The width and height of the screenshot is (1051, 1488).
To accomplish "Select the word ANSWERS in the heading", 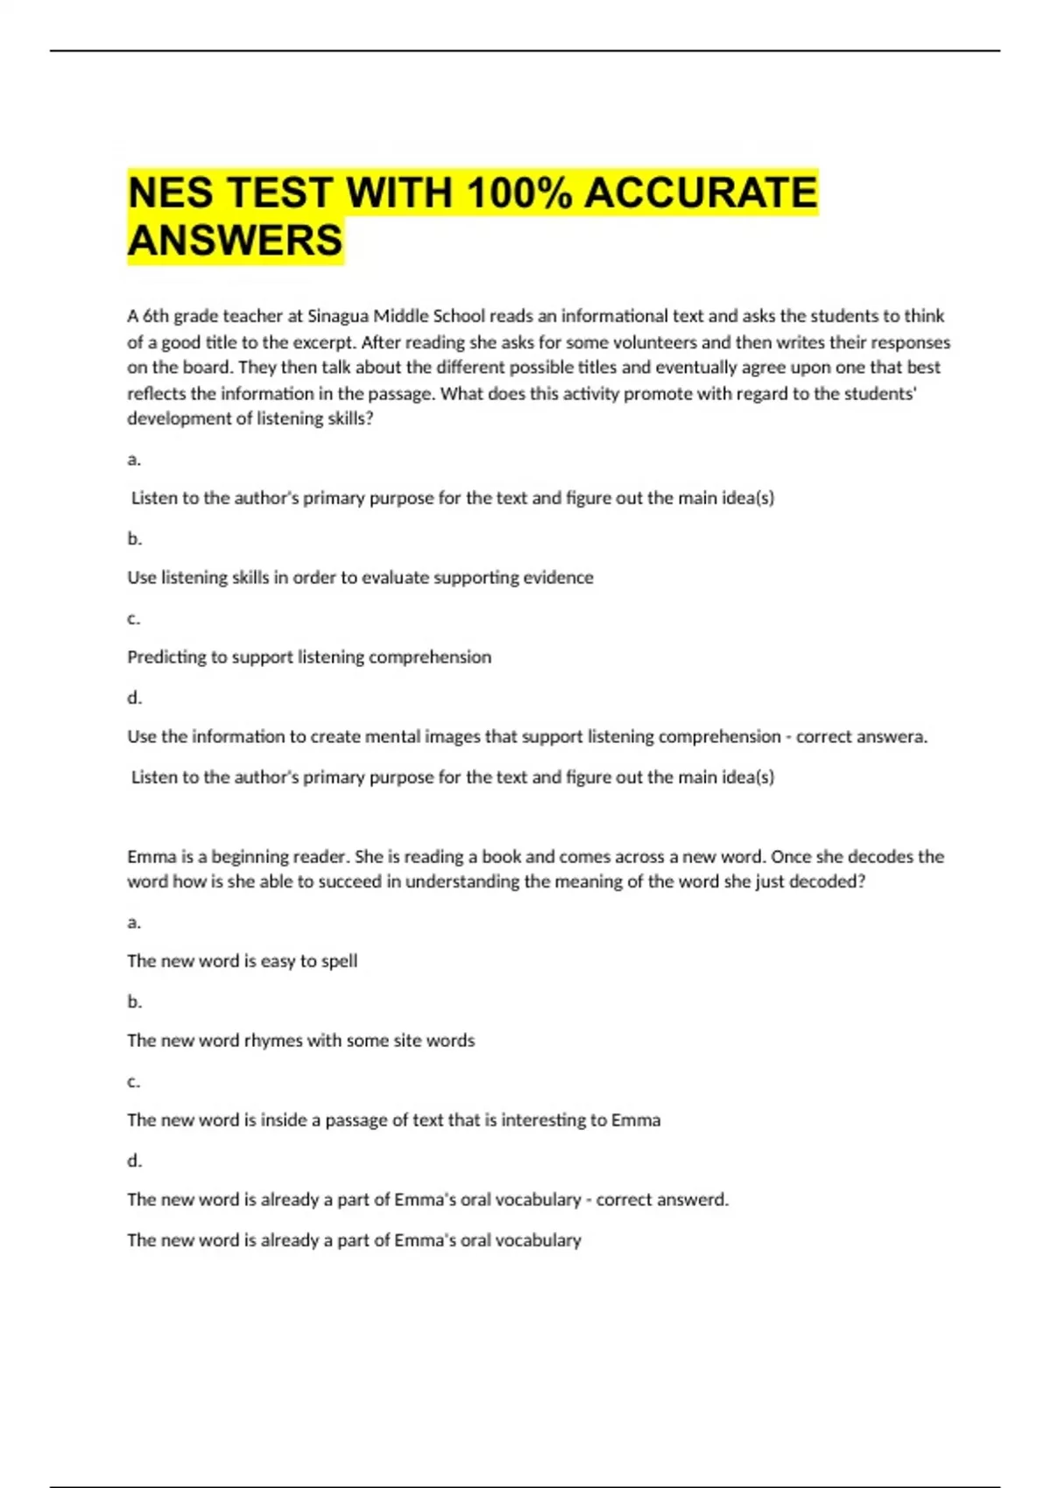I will [x=236, y=241].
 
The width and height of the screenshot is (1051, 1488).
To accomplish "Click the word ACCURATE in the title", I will [x=700, y=193].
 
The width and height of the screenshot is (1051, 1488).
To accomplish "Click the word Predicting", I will [x=166, y=657].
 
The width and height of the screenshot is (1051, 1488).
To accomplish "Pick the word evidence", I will [x=558, y=578].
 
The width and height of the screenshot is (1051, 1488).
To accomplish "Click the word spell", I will [x=339, y=961].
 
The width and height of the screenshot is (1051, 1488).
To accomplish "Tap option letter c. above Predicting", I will [x=134, y=619].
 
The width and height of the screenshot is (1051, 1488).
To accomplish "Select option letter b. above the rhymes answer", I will [x=134, y=1001].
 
